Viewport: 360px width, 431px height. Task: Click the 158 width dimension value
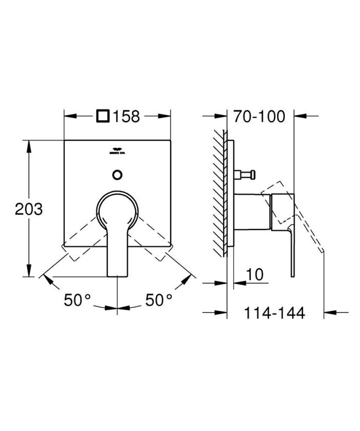[127, 117]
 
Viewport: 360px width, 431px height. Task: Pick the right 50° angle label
[158, 299]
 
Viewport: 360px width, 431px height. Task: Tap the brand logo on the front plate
[117, 152]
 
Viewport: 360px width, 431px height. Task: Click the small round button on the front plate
[117, 174]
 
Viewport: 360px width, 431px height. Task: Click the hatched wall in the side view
[220, 195]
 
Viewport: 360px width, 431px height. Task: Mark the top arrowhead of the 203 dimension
[29, 143]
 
